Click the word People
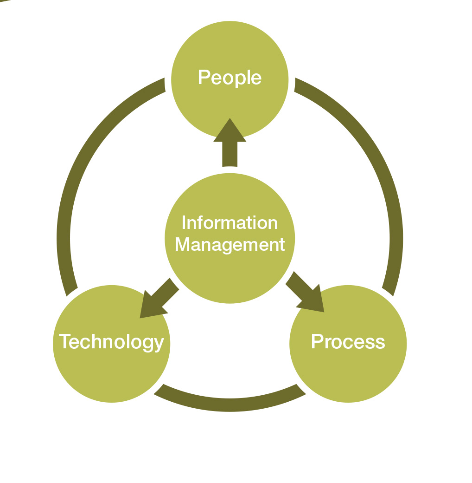[x=230, y=77]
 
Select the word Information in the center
[x=230, y=223]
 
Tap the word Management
[x=230, y=244]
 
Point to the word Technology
[x=111, y=342]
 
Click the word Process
[x=348, y=342]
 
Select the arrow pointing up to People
[x=230, y=144]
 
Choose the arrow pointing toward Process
[x=303, y=293]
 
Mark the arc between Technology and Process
[x=230, y=405]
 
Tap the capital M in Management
[x=182, y=244]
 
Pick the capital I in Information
[x=184, y=223]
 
